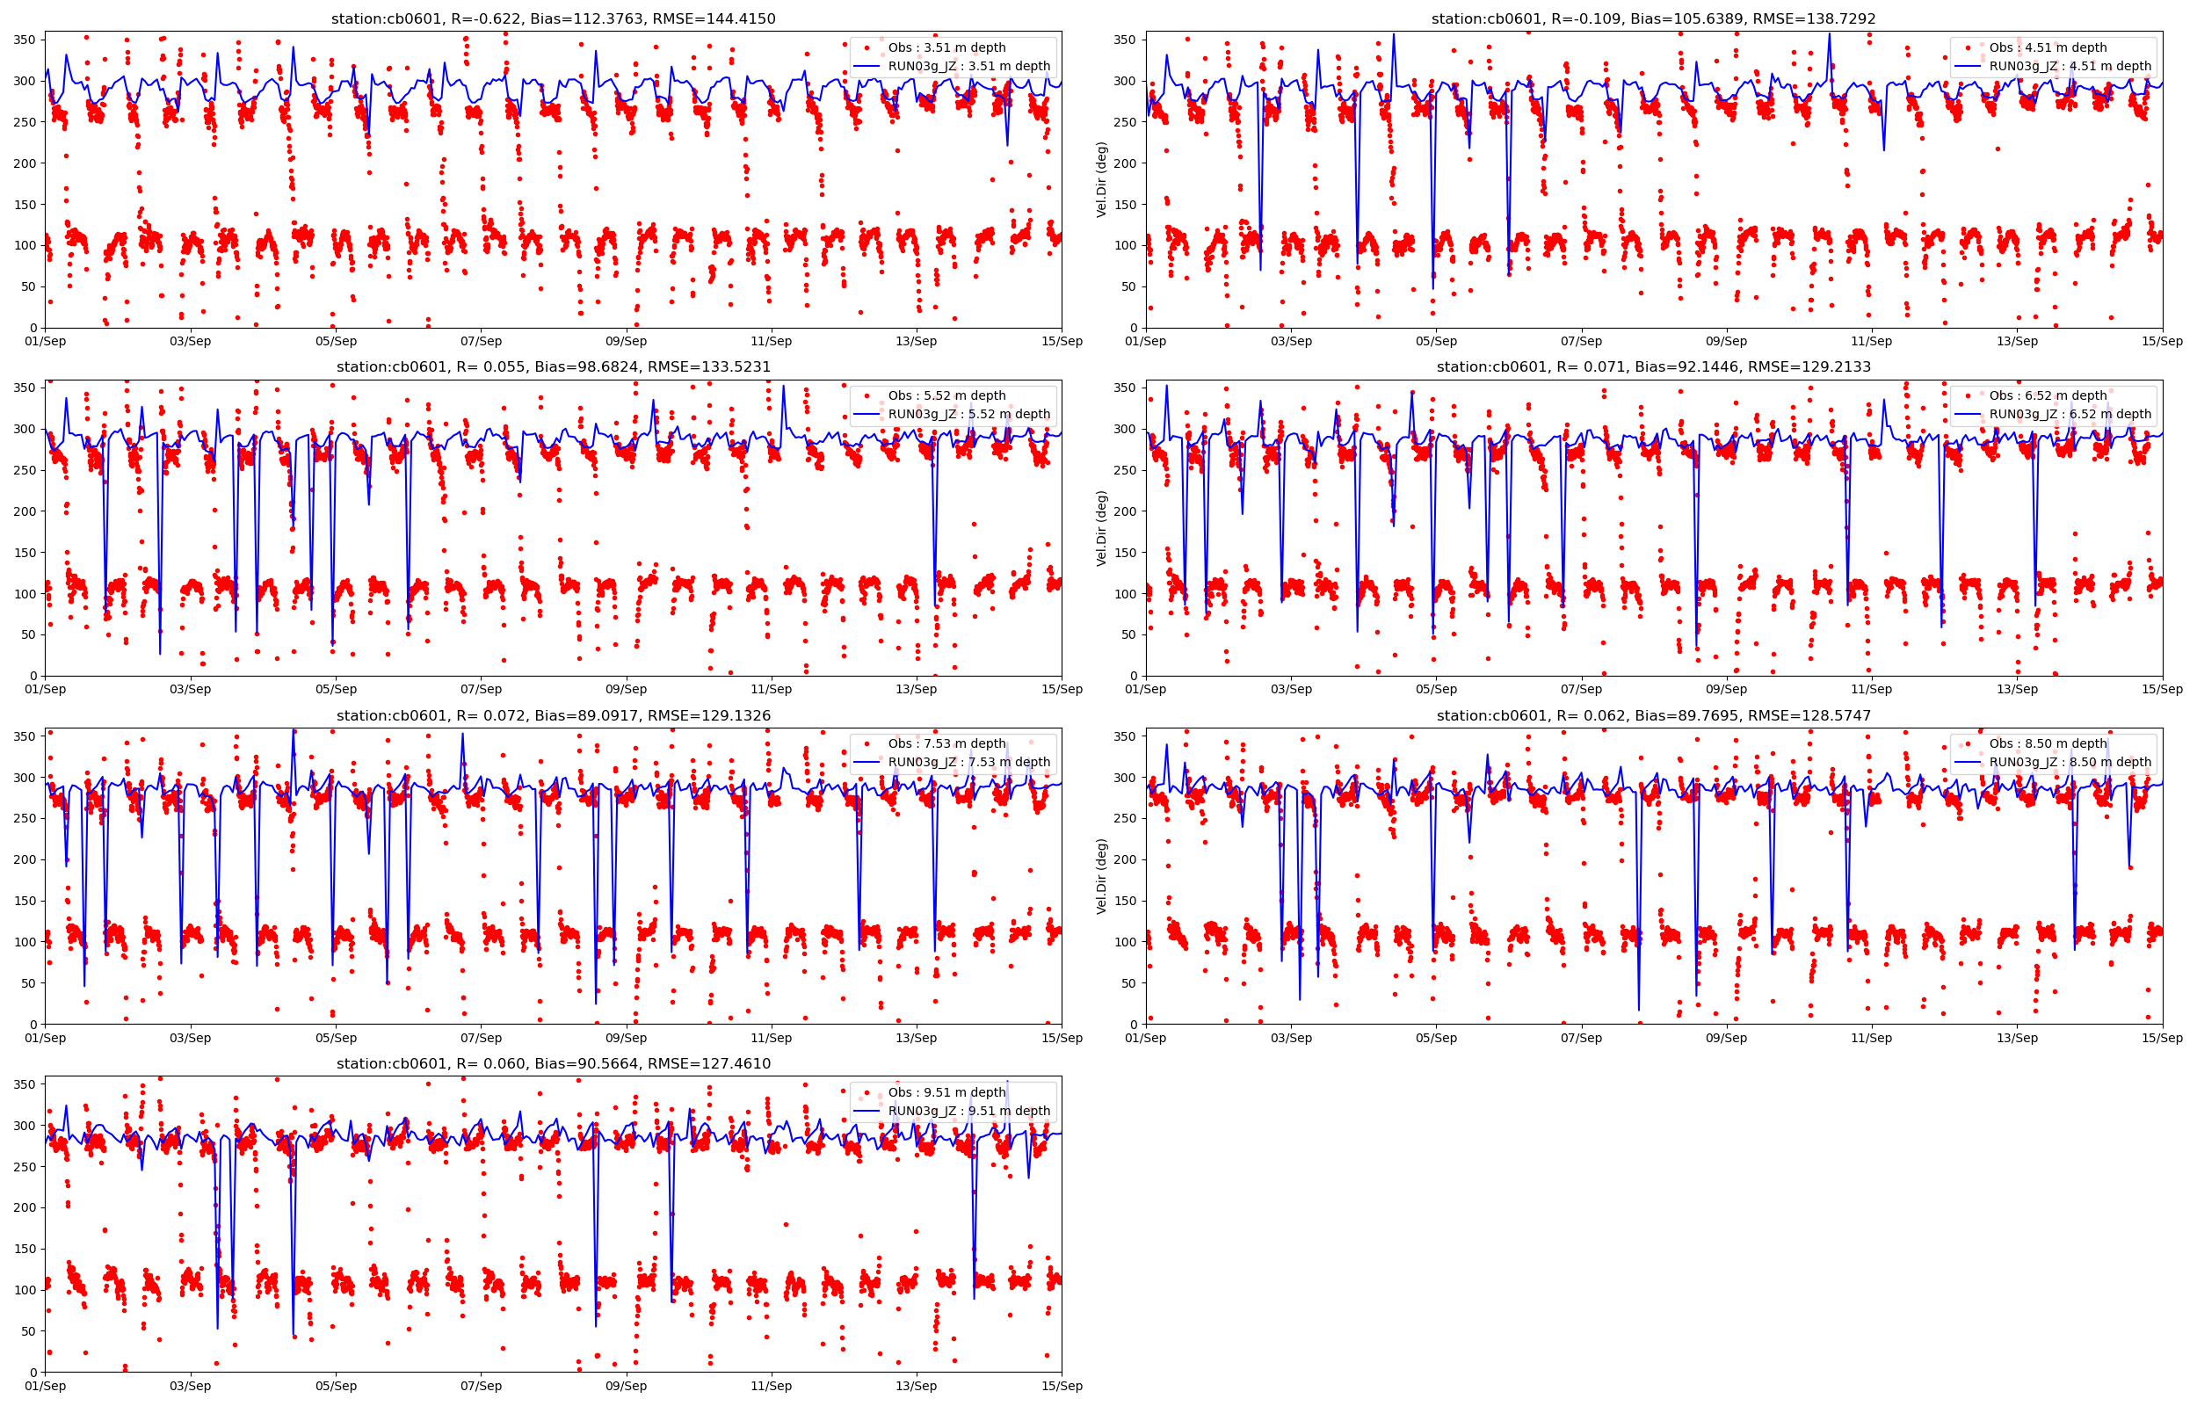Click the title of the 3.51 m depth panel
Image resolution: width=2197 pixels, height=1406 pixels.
coord(553,18)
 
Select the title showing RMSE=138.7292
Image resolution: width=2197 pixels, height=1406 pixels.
coord(1654,18)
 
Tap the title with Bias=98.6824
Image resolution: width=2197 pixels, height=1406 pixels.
coord(553,367)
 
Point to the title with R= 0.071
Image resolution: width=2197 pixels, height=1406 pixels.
coord(1654,367)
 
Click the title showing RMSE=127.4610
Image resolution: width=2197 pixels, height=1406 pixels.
coord(553,1063)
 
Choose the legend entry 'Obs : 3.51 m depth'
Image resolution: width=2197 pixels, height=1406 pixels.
coord(946,47)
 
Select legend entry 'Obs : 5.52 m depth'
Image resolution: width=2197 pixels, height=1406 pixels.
coord(946,395)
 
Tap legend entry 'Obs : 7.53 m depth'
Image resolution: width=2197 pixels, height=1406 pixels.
coord(946,743)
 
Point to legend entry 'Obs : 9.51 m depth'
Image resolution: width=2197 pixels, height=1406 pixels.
coord(946,1092)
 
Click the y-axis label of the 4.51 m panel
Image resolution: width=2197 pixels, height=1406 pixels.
coord(1102,179)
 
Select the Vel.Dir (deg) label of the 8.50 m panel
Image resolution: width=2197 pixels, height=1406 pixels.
coord(1102,875)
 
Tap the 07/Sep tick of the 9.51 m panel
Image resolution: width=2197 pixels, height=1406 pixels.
coord(480,1386)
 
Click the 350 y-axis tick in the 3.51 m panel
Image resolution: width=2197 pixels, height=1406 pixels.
coord(25,40)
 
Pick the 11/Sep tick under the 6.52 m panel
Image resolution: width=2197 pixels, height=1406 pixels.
coord(1872,689)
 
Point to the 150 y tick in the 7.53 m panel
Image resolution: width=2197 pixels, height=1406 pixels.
coord(25,901)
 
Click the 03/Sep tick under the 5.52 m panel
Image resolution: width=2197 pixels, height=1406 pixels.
coord(190,689)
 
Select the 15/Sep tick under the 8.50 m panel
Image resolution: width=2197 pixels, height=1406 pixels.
coord(2163,1038)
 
